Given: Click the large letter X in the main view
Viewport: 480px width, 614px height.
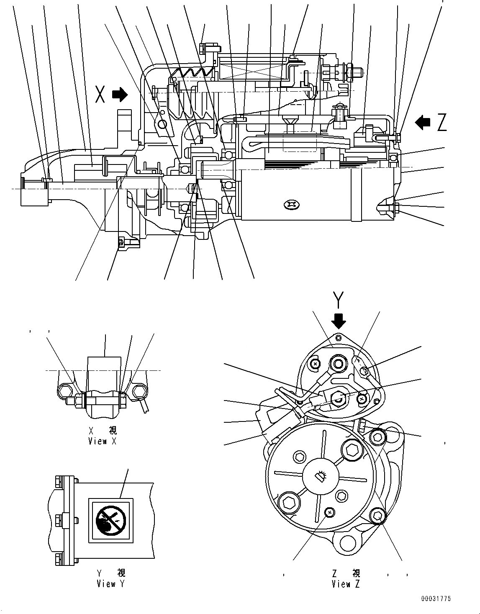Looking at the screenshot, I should [100, 94].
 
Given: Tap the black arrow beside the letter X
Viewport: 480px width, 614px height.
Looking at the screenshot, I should [121, 94].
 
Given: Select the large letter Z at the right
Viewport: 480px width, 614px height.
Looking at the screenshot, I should [441, 123].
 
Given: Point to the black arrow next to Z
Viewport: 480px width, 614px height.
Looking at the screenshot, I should [422, 122].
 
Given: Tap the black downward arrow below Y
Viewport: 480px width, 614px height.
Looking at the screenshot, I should [339, 321].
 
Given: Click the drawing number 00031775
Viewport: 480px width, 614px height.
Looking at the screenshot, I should [436, 599].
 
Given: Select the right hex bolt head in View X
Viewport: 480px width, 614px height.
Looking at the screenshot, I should [139, 392].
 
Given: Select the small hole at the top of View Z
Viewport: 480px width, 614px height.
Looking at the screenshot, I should [339, 337].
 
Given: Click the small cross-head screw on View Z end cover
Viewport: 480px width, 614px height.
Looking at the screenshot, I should [330, 511].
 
